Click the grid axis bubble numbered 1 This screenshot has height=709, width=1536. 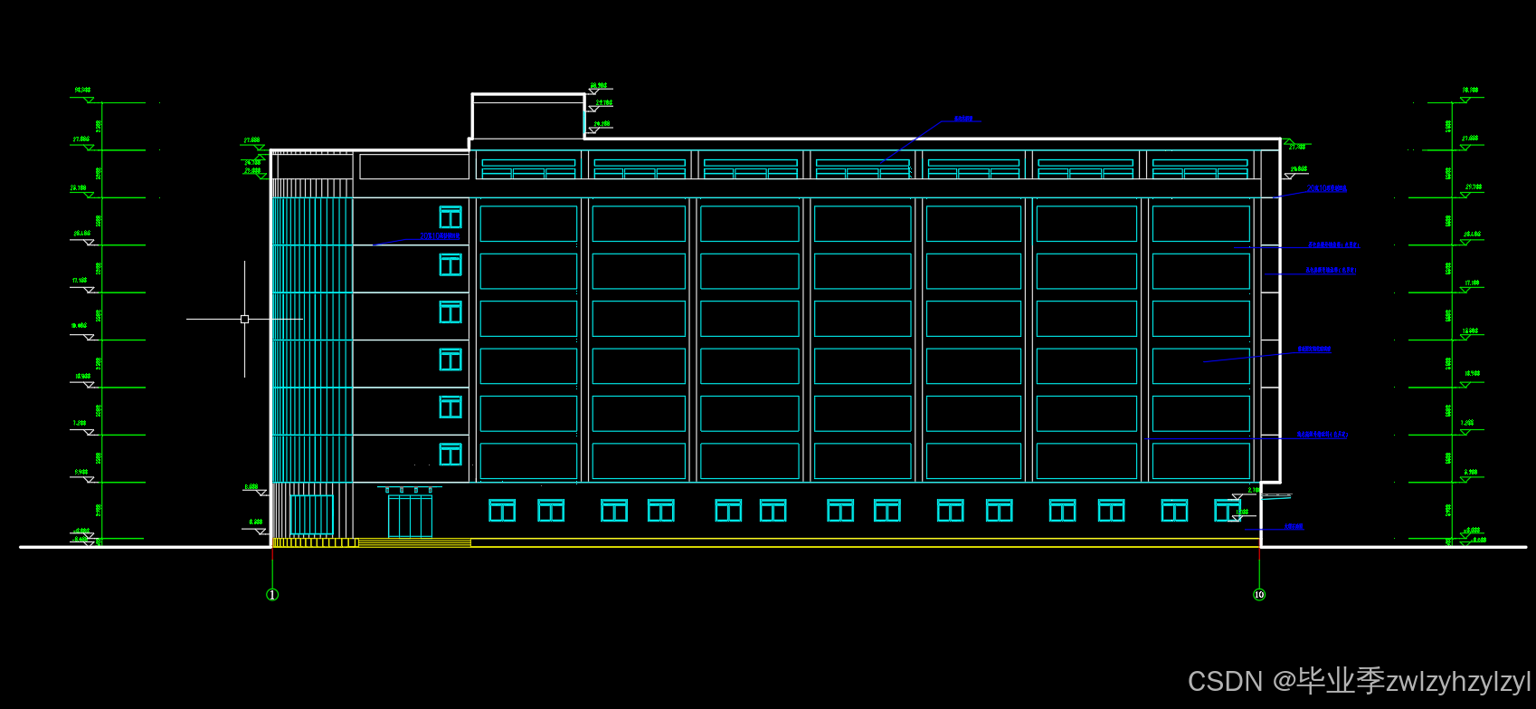[272, 595]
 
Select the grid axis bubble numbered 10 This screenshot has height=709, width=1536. [1259, 595]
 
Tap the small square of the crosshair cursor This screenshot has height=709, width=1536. [244, 319]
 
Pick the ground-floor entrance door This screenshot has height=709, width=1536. [410, 515]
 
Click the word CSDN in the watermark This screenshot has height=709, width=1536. [1225, 681]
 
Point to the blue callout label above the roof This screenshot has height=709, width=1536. [963, 119]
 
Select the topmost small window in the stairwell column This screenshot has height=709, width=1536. [450, 217]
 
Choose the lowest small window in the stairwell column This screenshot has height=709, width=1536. [450, 454]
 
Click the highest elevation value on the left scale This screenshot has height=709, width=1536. [82, 91]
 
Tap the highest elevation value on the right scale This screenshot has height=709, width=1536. [1470, 91]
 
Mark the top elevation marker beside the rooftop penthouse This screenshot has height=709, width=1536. [599, 86]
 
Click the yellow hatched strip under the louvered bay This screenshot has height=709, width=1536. [315, 542]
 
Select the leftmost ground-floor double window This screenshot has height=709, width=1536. [502, 511]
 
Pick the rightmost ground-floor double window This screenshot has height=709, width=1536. [1228, 511]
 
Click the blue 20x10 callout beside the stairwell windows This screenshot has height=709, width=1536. [440, 236]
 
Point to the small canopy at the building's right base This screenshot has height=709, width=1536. [1276, 496]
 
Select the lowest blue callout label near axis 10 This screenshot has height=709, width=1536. [1294, 526]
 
